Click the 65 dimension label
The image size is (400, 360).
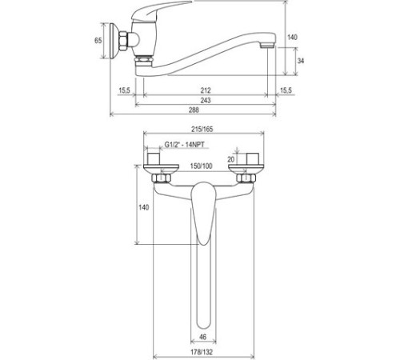pos(98,41)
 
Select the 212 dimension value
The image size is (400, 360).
pos(206,90)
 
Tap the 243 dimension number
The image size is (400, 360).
pos(206,100)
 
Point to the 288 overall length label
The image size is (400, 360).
pos(194,110)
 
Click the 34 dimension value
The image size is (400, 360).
pos(301,61)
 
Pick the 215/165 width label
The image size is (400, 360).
pos(202,130)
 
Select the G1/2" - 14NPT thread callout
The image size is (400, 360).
pos(184,145)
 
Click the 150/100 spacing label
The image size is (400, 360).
pos(201,166)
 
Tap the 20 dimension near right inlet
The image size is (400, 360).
pos(231,159)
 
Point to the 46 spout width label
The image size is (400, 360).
pos(202,337)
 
